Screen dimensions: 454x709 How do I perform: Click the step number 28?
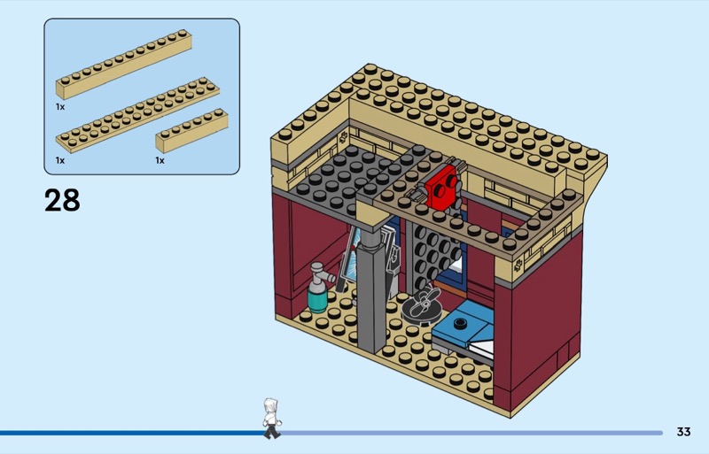tap(62, 200)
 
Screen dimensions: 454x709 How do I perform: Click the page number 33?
tap(682, 432)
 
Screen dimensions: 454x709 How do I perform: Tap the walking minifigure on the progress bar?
tap(271, 418)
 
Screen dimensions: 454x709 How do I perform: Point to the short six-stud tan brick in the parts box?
tap(191, 129)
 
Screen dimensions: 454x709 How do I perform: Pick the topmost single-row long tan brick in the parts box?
tap(124, 65)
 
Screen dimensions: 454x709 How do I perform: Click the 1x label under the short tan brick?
tap(160, 160)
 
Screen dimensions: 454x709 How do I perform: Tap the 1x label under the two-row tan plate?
tap(60, 160)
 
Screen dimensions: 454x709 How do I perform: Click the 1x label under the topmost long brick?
tap(60, 106)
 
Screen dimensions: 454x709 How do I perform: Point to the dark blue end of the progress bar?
tap(133, 433)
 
